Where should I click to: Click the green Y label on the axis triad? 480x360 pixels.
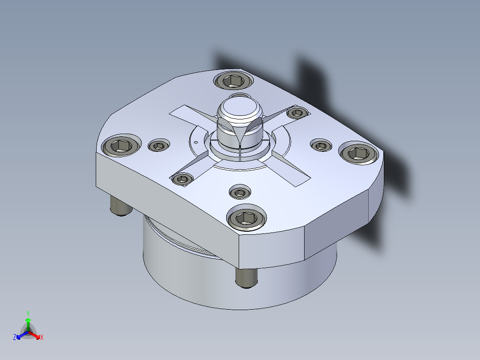pyautogui.click(x=28, y=313)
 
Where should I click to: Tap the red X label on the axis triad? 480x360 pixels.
pyautogui.click(x=42, y=337)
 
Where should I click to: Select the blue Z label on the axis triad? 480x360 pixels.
pyautogui.click(x=14, y=337)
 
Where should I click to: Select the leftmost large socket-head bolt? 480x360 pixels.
pyautogui.click(x=121, y=146)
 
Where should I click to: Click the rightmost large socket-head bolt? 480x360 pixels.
pyautogui.click(x=358, y=153)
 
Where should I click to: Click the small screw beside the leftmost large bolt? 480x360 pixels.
pyautogui.click(x=159, y=146)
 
